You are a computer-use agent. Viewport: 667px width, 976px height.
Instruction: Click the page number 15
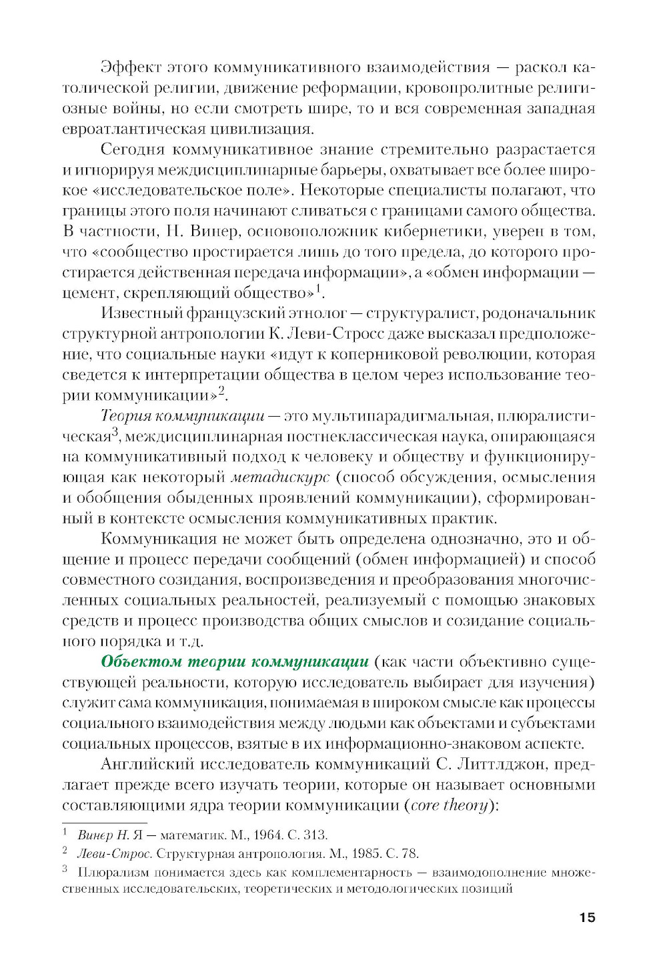[x=586, y=917]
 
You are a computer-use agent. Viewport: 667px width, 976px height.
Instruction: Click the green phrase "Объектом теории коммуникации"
[x=234, y=661]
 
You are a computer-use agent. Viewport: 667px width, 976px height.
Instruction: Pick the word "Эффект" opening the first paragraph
[x=127, y=67]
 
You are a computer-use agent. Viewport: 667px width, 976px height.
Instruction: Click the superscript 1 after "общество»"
[x=318, y=289]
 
